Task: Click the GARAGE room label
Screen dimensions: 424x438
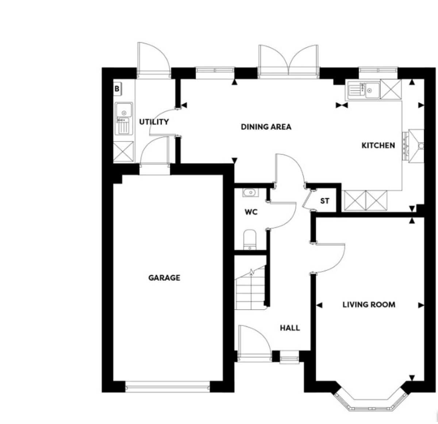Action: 164,278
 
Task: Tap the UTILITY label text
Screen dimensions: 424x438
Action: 154,122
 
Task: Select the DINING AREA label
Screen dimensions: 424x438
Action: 266,127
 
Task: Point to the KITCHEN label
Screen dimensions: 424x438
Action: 378,145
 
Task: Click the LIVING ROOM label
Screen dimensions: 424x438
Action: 369,304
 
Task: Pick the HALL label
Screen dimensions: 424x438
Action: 290,328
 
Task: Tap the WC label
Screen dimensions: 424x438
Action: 251,212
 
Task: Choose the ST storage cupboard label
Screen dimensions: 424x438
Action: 324,201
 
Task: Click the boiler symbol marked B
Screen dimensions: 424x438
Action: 117,89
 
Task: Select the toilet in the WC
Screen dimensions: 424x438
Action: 250,239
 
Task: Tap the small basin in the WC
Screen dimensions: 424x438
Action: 250,192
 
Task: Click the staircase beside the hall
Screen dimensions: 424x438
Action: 250,290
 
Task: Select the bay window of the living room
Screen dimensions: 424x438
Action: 369,401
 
